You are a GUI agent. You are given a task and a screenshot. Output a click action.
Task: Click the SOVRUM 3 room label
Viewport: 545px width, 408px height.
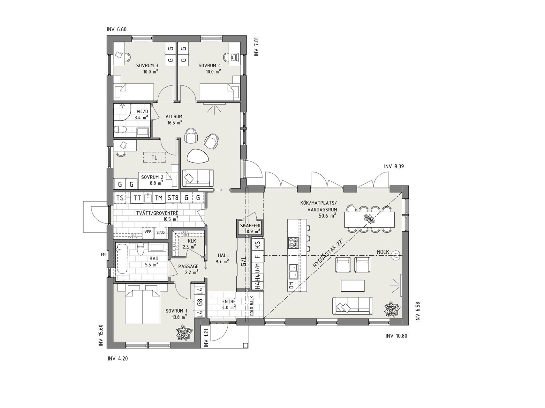point(147,66)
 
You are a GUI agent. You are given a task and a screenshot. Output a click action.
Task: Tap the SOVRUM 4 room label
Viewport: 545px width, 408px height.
point(209,66)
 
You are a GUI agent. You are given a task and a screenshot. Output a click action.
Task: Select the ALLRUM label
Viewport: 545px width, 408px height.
point(174,117)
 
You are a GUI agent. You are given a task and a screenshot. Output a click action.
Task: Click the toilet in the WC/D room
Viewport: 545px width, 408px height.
point(121,129)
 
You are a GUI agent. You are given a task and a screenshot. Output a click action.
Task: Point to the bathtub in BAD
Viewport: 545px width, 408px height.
point(122,259)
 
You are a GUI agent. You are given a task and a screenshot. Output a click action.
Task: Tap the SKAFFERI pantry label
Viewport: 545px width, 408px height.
point(250,226)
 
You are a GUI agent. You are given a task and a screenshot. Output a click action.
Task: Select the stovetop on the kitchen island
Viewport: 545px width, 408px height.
point(293,243)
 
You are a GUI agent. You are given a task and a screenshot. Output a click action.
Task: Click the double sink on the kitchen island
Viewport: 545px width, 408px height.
point(293,272)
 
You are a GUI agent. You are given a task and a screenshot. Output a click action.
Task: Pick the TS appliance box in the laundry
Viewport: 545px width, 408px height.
point(120,198)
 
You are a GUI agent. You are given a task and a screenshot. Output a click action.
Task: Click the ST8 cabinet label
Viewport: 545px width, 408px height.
point(173,198)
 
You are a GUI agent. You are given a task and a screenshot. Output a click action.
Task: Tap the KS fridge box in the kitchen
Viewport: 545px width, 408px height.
point(258,245)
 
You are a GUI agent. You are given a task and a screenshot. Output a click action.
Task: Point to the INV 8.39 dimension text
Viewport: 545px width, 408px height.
point(394,166)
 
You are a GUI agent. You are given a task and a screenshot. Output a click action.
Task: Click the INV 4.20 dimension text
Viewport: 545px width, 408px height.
point(118,359)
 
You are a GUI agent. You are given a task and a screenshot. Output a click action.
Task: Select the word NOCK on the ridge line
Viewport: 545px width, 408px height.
point(383,252)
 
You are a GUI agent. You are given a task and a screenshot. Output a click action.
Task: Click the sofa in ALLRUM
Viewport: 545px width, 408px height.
point(198,178)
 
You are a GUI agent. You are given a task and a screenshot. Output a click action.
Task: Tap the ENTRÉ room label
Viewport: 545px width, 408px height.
point(229,301)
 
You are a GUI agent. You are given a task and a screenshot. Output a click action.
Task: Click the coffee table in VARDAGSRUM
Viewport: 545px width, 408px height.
point(352,286)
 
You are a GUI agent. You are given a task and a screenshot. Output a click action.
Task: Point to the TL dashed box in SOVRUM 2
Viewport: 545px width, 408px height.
point(155,157)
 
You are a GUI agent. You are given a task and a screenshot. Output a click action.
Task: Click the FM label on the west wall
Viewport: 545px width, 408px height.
point(103,254)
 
